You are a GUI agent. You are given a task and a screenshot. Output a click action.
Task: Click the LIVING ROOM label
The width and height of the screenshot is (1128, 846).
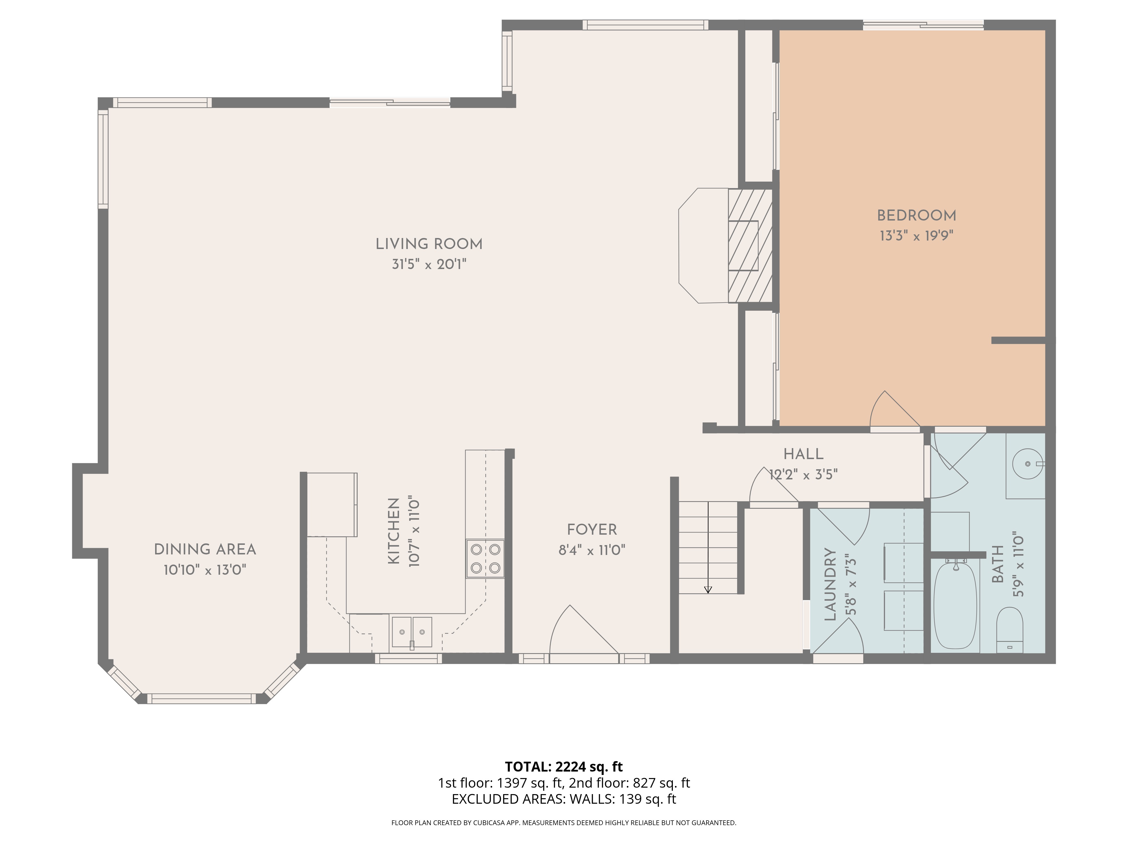coord(429,244)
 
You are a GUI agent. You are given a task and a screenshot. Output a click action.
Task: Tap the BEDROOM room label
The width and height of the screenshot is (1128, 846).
coord(916,216)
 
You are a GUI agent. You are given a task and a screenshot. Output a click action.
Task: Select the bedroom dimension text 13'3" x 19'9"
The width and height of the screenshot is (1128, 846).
coord(916,236)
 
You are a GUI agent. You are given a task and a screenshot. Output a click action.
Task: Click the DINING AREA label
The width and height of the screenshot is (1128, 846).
coord(205,550)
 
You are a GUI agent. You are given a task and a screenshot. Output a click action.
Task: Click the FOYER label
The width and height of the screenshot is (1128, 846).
coord(592,530)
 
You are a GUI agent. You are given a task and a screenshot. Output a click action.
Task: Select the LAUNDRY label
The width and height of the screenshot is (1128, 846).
coord(830,585)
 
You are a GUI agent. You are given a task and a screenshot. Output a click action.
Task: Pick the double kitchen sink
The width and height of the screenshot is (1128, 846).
coord(411,632)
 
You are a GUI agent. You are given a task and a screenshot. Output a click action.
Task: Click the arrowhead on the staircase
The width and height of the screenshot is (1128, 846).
coord(708,589)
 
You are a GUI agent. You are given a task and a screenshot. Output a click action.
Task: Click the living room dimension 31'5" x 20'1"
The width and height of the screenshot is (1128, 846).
coord(429,264)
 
